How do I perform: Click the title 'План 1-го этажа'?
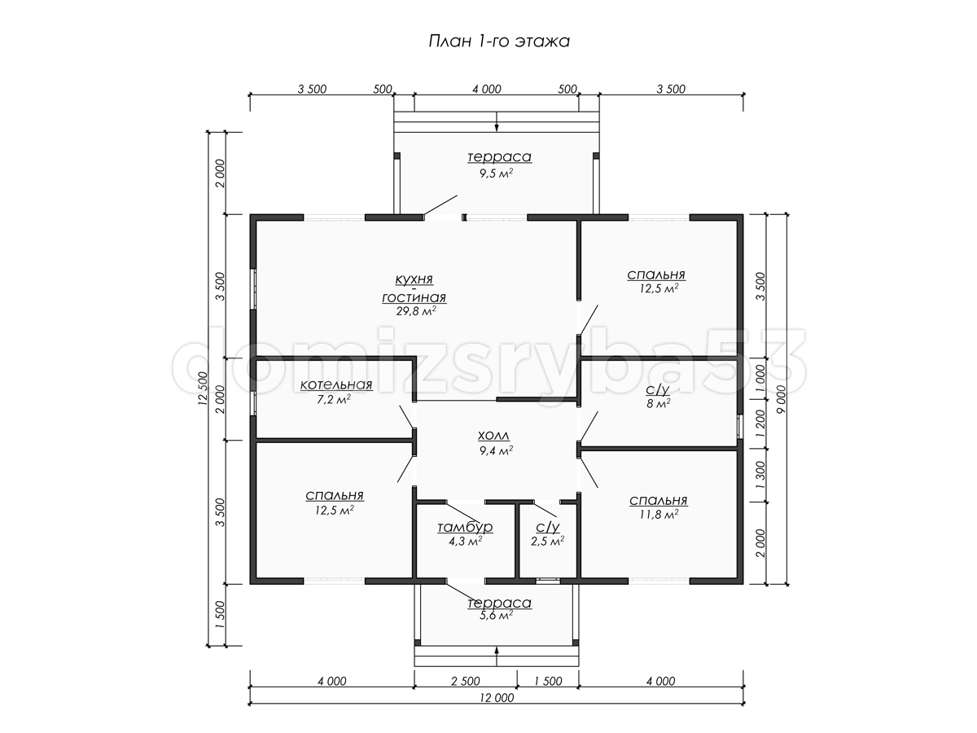pyautogui.click(x=499, y=42)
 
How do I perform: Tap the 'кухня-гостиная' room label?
pyautogui.click(x=414, y=288)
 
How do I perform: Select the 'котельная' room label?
pyautogui.click(x=336, y=384)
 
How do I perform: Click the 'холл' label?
pyautogui.click(x=493, y=435)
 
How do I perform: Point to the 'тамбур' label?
pyautogui.click(x=465, y=527)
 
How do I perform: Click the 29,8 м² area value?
pyautogui.click(x=416, y=310)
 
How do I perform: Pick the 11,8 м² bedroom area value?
pyautogui.click(x=659, y=515)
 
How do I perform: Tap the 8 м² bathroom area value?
pyautogui.click(x=659, y=404)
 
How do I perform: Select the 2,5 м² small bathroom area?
pyautogui.click(x=547, y=541)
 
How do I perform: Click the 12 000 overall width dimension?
pyautogui.click(x=497, y=698)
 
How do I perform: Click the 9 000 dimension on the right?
pyautogui.click(x=781, y=399)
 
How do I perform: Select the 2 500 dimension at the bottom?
pyautogui.click(x=466, y=682)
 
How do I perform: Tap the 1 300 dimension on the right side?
pyautogui.click(x=760, y=476)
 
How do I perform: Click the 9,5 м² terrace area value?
pyautogui.click(x=497, y=173)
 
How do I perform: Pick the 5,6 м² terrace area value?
pyautogui.click(x=497, y=615)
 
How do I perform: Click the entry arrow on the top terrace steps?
pyautogui.click(x=497, y=122)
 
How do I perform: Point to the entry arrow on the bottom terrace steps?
pyautogui.click(x=497, y=657)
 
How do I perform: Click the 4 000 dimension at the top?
pyautogui.click(x=487, y=89)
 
